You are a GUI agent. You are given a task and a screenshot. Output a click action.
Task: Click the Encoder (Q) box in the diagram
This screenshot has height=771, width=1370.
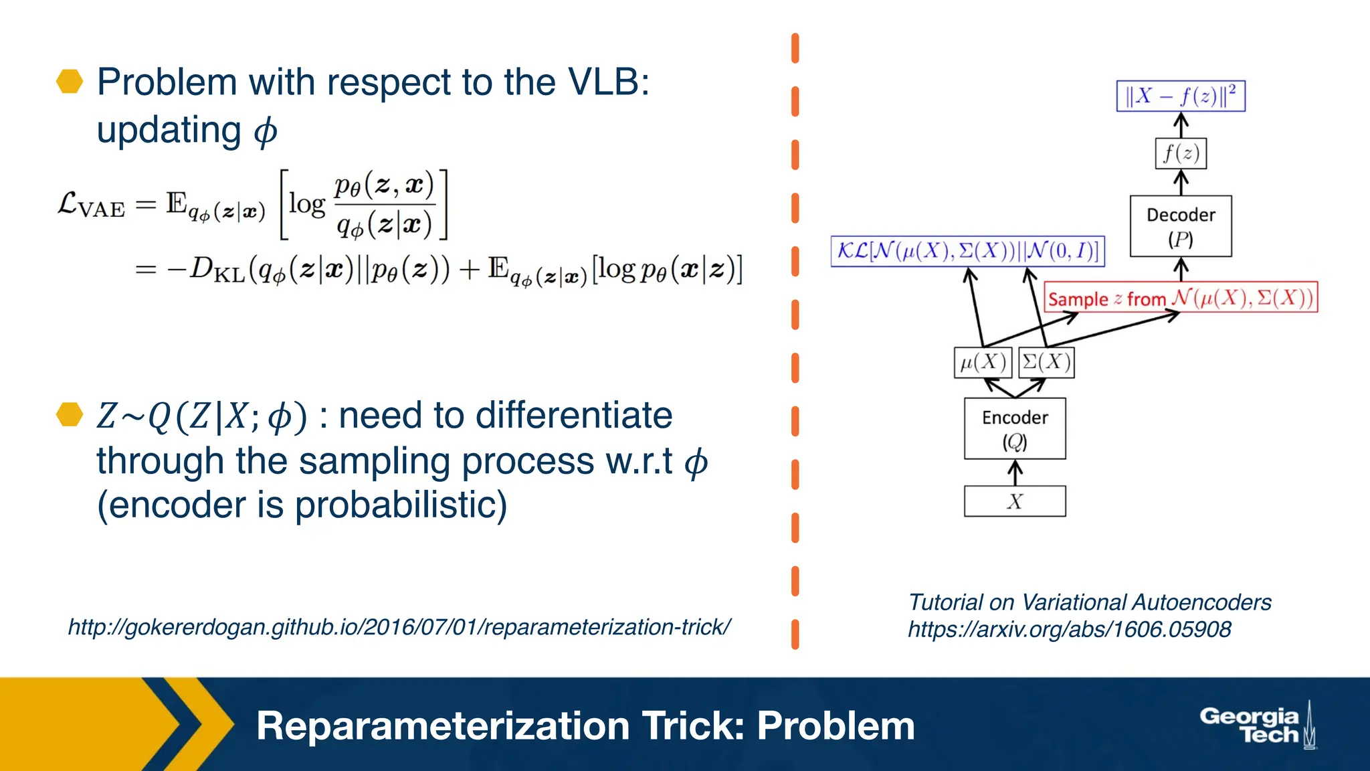pos(1014,428)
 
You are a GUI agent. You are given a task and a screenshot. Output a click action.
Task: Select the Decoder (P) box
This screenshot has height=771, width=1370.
pos(1180,226)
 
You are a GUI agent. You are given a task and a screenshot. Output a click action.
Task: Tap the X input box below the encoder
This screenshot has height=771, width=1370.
pos(1014,501)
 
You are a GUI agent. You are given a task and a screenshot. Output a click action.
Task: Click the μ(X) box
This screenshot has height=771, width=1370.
pos(982,363)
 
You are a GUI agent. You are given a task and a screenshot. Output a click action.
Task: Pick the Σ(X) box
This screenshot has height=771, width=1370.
pos(1046,363)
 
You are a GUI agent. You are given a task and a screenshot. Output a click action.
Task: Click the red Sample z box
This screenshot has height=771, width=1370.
pos(1180,298)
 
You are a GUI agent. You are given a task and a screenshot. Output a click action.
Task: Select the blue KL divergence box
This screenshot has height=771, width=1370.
pos(967,251)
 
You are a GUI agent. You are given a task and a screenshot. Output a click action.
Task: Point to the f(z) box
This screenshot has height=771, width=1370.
pos(1181,154)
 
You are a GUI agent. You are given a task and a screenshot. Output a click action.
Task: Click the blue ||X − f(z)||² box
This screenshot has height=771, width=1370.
pos(1180,96)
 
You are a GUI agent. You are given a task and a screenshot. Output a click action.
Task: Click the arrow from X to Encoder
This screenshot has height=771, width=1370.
pos(1015,473)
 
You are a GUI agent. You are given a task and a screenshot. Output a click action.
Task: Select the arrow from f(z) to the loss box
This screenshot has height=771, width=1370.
pos(1181,125)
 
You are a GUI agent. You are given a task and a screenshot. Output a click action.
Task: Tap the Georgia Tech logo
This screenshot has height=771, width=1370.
pos(1256,725)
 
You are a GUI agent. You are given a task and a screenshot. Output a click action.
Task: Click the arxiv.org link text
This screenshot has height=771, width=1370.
pos(1069,629)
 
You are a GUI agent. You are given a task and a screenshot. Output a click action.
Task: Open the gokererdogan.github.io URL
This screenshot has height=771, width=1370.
pos(399,627)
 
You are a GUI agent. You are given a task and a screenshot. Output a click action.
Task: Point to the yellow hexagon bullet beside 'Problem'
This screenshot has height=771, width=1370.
pos(70,82)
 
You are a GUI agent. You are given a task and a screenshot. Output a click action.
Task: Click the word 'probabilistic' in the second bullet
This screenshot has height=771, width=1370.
pos(400,505)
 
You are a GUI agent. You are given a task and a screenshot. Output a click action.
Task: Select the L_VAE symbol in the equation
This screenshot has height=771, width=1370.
pos(91,205)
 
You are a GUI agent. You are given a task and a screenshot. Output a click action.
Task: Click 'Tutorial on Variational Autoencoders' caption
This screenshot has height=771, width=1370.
pos(1089,602)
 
